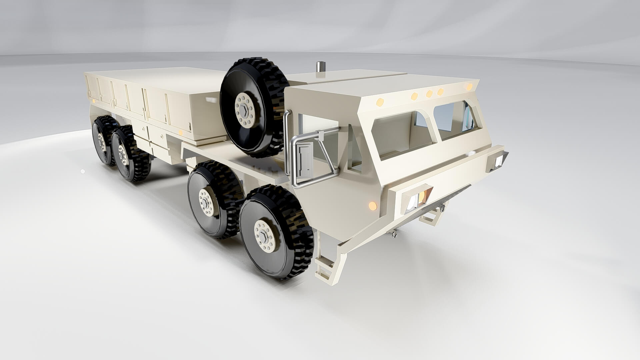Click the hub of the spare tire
(x=245, y=110)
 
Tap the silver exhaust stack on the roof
(x=320, y=66)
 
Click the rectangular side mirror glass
(x=305, y=159)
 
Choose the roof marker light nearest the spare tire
(x=380, y=102)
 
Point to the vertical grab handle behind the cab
(x=286, y=140)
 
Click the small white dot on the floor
(x=83, y=171)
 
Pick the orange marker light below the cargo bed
(x=180, y=133)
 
